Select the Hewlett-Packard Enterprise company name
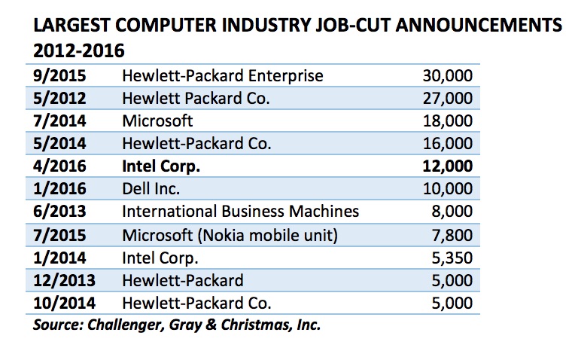[x=222, y=76]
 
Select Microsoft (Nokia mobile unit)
[x=230, y=236]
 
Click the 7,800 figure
[x=452, y=236]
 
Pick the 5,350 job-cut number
[x=452, y=258]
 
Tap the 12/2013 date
[x=63, y=281]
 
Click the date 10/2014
[x=63, y=304]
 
